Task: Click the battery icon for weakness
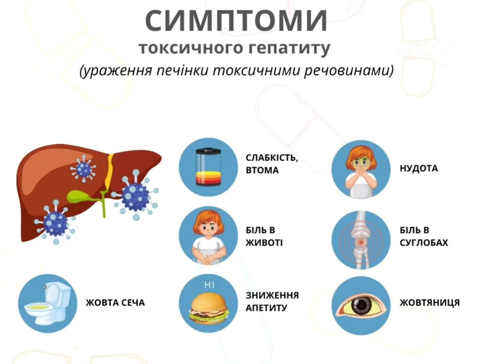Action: pos(208,167)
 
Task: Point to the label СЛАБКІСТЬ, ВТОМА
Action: pos(272,164)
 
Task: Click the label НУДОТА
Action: pos(419,168)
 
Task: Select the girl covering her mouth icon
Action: pos(361,169)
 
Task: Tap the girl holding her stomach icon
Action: pos(208,236)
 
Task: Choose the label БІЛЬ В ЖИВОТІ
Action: pos(264,236)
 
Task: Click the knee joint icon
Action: pos(361,241)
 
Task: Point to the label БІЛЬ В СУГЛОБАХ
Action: pos(424,236)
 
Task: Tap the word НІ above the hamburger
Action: pos(209,285)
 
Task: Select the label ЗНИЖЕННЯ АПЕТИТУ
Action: pos(272,301)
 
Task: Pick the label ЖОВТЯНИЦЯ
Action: pos(430,302)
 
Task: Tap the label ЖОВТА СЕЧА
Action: pos(115,302)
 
